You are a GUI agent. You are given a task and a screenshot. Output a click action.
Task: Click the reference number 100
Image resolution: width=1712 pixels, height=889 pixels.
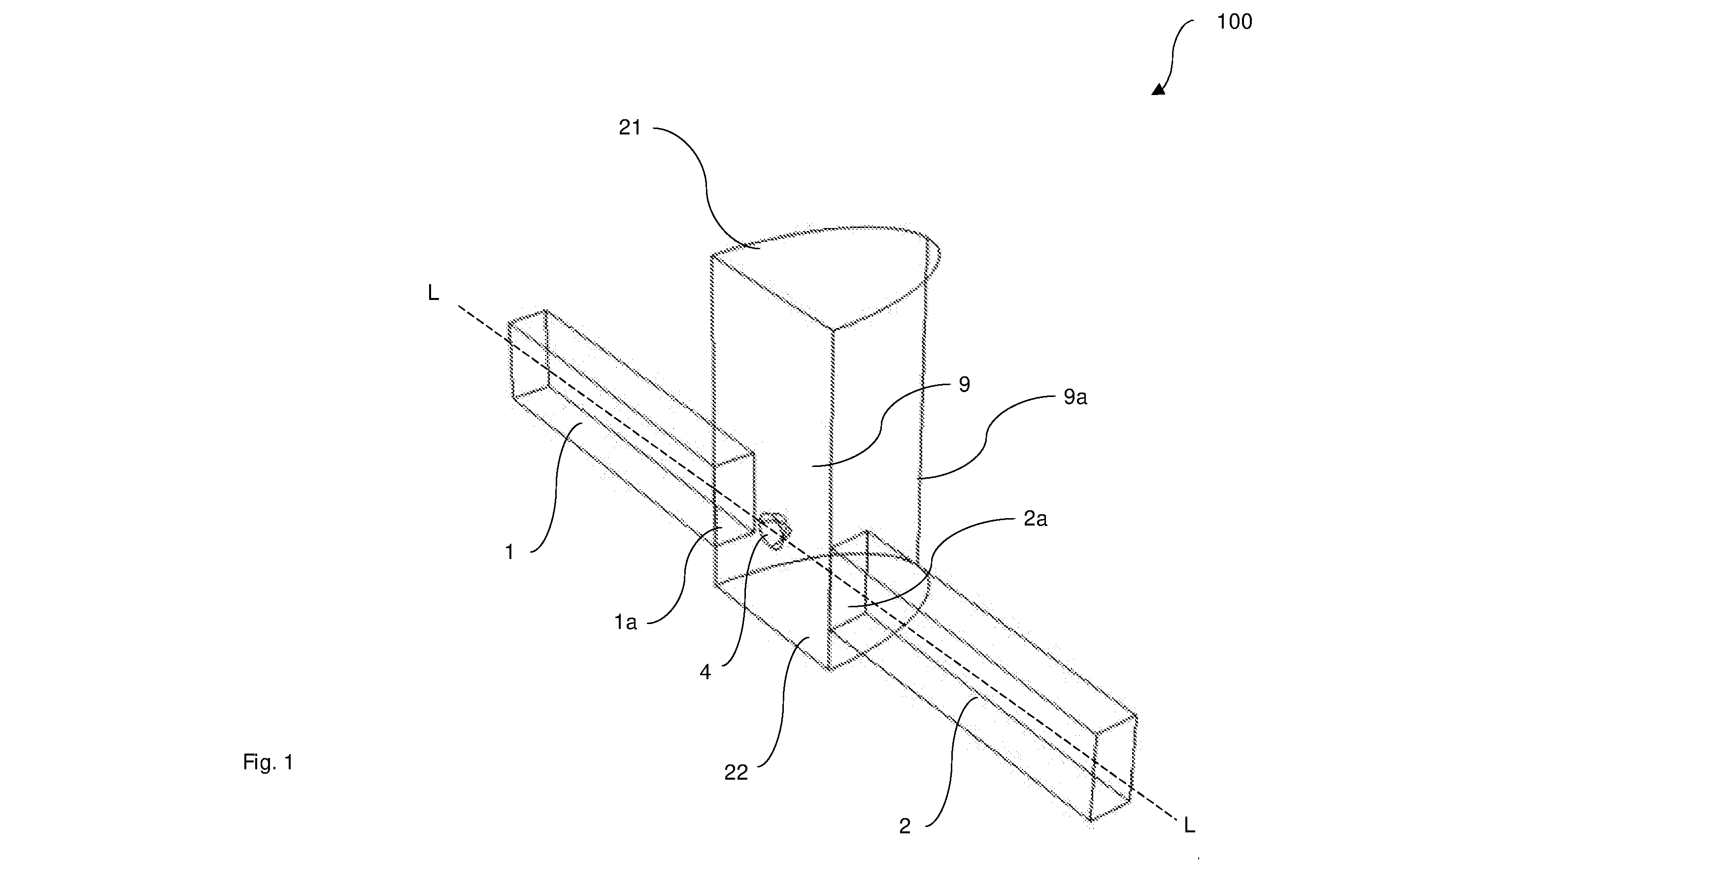coord(1234,22)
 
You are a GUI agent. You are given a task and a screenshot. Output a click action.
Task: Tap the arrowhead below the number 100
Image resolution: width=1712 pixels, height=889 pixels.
coord(1159,88)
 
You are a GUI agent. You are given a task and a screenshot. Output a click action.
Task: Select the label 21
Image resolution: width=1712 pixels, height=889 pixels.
coord(630,128)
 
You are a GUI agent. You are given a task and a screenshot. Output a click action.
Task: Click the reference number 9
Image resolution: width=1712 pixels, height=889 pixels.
coord(964,385)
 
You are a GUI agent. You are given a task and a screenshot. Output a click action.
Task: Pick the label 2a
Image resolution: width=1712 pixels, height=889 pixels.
coord(1035,519)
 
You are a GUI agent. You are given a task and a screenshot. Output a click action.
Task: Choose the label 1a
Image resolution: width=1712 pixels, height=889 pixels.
coord(625,623)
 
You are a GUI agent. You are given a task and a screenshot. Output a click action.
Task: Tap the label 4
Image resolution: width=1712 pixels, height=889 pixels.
coord(705,672)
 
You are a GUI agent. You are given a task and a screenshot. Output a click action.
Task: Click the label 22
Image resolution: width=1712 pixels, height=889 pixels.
coord(736,772)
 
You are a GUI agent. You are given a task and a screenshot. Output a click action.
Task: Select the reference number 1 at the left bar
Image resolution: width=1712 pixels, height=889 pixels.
coord(510,552)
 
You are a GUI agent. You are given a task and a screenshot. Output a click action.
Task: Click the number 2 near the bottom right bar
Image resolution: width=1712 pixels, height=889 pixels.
coord(905,826)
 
